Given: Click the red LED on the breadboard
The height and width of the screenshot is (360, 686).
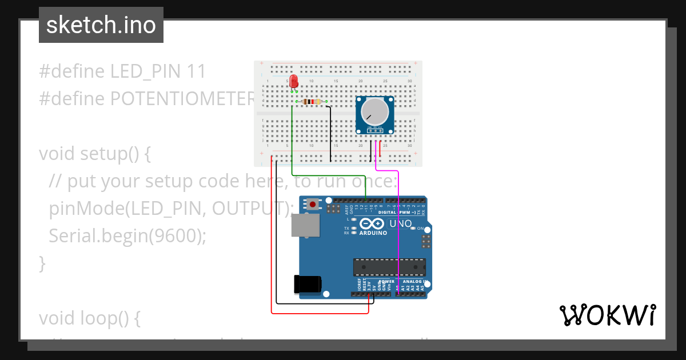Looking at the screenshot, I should coord(294,81).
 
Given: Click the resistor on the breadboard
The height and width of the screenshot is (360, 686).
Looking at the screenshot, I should coord(312,102).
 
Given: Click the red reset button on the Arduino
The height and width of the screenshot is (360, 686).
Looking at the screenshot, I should coord(312,204).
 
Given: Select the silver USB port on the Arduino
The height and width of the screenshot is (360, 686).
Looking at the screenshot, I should coord(306,225).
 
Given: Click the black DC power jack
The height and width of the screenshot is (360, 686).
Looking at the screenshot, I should coord(308,285).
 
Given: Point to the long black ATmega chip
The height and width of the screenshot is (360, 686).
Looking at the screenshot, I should coord(389,266).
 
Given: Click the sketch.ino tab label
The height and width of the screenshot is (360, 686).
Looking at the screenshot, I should coord(101,25).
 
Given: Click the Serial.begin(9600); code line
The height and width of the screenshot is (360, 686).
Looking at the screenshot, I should coord(127,235).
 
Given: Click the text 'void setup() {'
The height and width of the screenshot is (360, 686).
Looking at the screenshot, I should coord(95,154).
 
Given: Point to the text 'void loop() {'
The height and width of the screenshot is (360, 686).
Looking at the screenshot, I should coord(90,318).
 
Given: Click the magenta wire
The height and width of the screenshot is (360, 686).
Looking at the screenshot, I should coord(398,229).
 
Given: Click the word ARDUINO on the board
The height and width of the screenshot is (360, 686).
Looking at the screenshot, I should coord(373,233).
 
